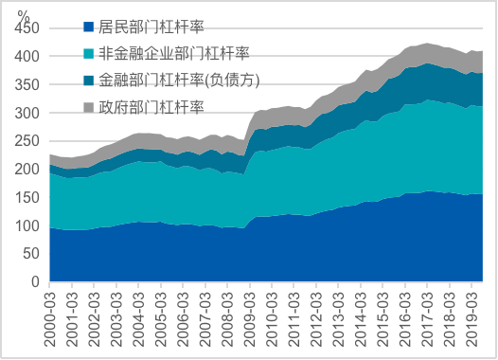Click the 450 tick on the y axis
(x=27, y=28)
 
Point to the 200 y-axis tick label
(x=27, y=169)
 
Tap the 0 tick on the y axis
(x=35, y=281)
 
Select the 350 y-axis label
(x=27, y=84)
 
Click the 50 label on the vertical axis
(x=31, y=254)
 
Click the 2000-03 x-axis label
(x=50, y=319)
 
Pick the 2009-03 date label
(x=250, y=319)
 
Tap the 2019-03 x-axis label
(x=471, y=319)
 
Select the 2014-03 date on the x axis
(x=361, y=319)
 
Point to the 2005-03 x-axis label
(x=161, y=319)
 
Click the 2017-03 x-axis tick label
(x=428, y=319)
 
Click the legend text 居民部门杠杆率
(x=151, y=27)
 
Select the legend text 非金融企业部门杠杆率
(x=174, y=53)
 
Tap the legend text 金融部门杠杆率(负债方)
(x=179, y=81)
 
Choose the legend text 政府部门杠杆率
(x=151, y=107)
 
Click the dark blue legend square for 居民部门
(x=89, y=27)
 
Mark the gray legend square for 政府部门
(x=89, y=107)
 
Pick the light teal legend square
(x=89, y=53)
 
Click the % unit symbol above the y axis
(x=24, y=14)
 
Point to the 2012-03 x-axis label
(x=316, y=319)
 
